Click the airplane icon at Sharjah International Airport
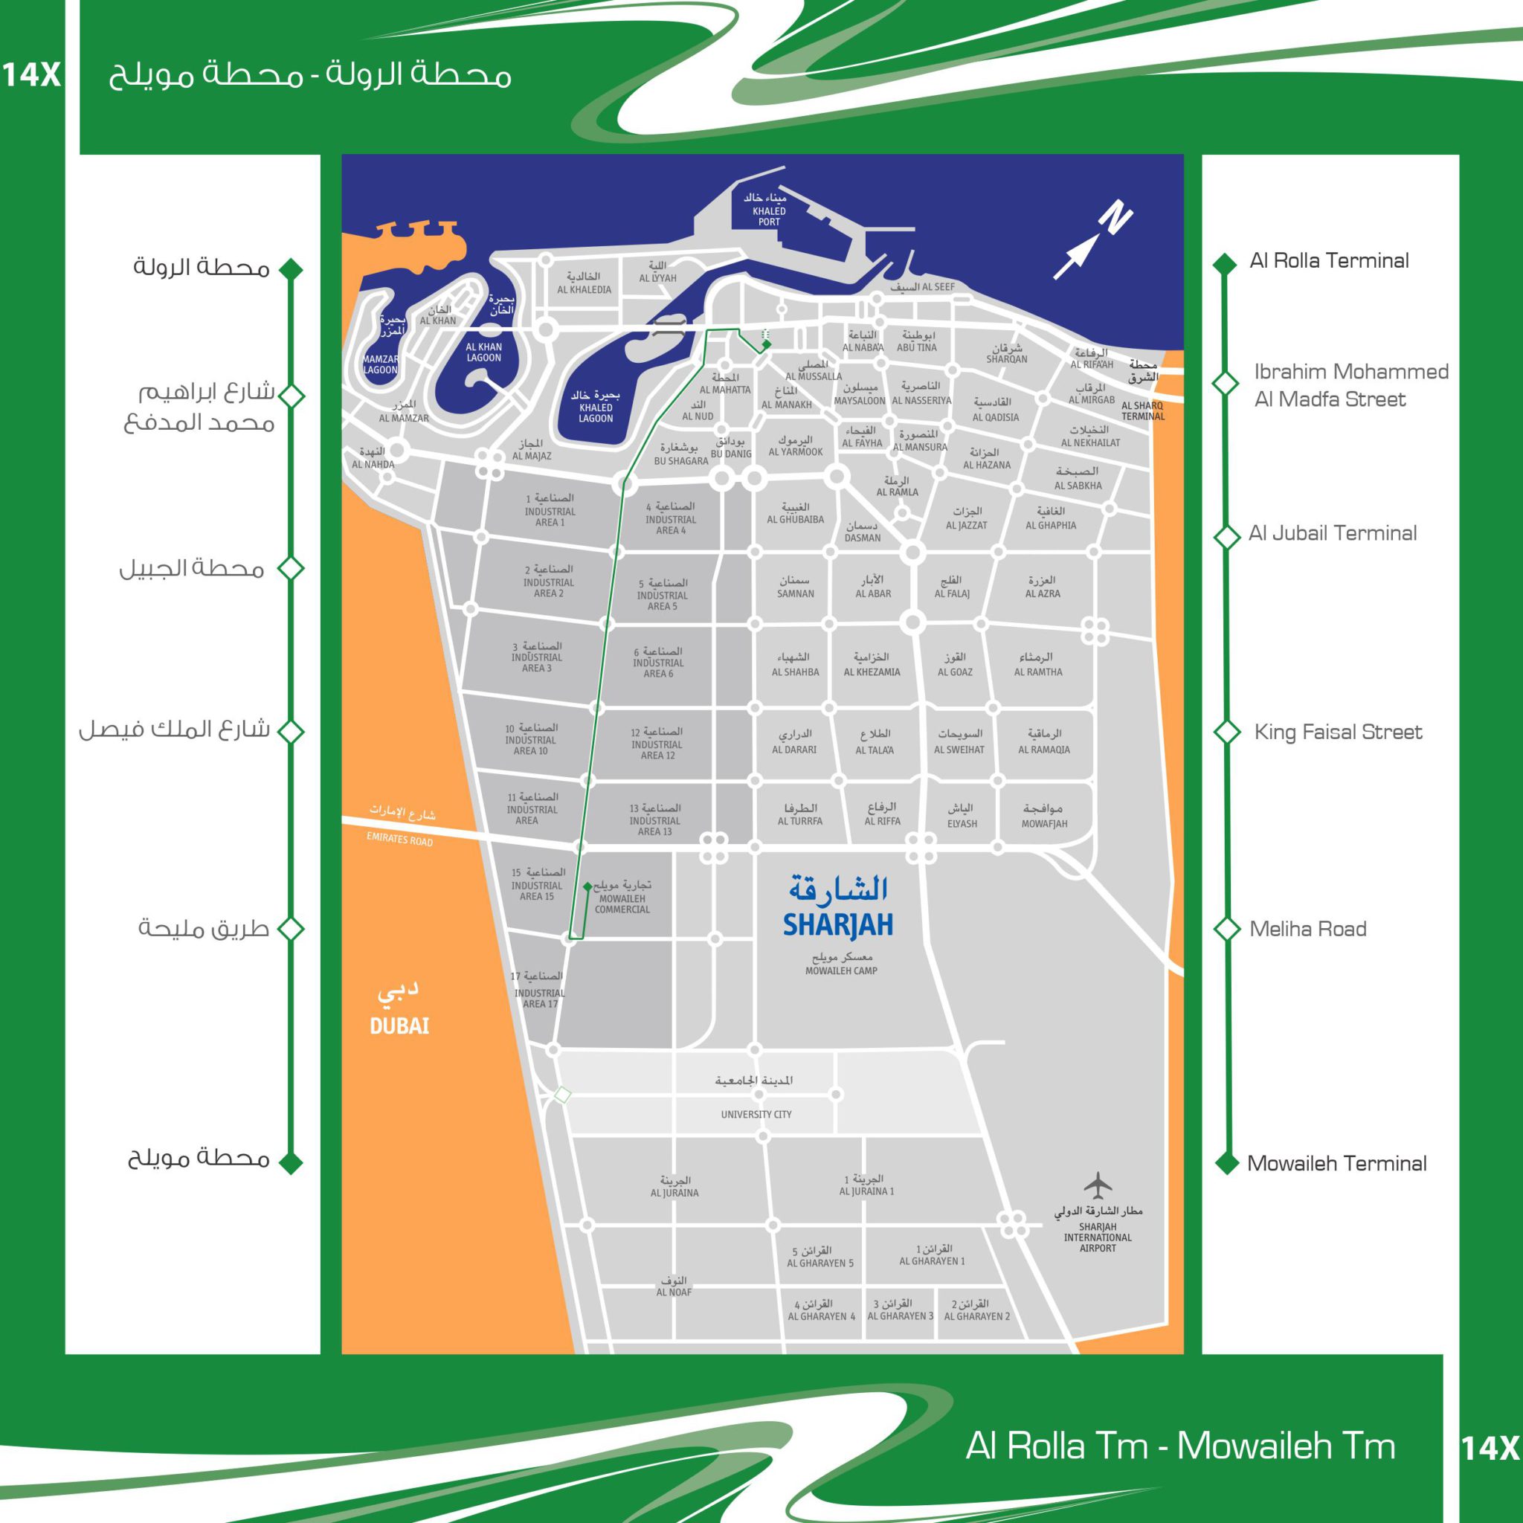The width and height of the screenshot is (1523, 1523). click(1098, 1184)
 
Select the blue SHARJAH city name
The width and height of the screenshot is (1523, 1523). click(838, 924)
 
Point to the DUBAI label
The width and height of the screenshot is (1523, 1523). click(399, 1025)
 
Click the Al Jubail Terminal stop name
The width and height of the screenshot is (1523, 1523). click(1332, 534)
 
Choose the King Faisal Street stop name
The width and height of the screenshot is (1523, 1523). click(1338, 732)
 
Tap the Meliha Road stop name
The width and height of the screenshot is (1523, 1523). click(1308, 929)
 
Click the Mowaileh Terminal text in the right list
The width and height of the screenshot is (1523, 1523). click(1337, 1164)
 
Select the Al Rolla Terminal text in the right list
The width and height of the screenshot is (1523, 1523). click(1329, 261)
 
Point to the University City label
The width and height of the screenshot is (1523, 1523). click(756, 1114)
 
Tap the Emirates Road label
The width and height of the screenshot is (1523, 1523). click(399, 840)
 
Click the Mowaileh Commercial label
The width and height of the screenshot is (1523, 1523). click(622, 904)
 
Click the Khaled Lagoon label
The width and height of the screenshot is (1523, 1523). click(596, 412)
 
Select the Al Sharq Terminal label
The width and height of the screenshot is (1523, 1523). click(1142, 410)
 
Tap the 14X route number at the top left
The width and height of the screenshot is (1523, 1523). click(30, 76)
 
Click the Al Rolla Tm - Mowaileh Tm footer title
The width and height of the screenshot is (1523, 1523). click(1180, 1445)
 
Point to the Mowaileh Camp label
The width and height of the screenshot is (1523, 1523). click(841, 970)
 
